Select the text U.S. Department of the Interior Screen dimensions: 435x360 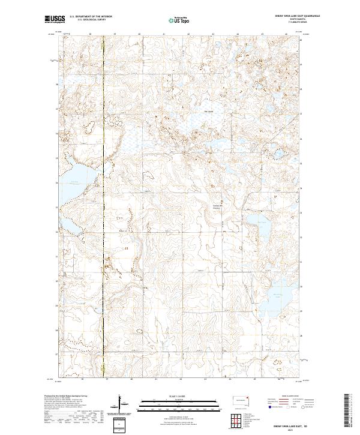[90, 17]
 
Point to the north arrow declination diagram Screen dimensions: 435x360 [123, 405]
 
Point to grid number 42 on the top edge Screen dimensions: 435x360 [188, 34]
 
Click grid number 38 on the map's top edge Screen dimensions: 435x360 [90, 34]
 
